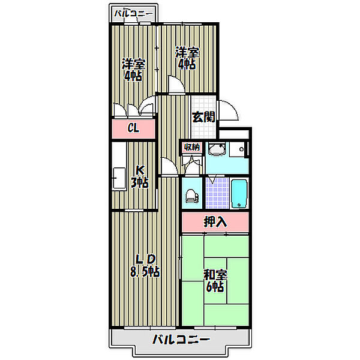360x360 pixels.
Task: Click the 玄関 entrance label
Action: pyautogui.click(x=203, y=117)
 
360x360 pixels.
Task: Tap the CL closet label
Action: pyautogui.click(x=133, y=128)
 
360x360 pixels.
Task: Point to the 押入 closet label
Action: pyautogui.click(x=215, y=221)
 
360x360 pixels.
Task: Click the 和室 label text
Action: pyautogui.click(x=215, y=275)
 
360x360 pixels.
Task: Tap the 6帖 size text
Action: pyautogui.click(x=215, y=287)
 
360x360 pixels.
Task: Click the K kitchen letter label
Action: pyautogui.click(x=139, y=170)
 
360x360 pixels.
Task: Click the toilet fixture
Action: pyautogui.click(x=191, y=196)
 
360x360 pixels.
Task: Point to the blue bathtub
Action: pyautogui.click(x=239, y=193)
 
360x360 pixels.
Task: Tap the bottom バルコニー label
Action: pyautogui.click(x=181, y=340)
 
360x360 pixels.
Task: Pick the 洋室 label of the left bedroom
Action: pyautogui.click(x=133, y=64)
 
